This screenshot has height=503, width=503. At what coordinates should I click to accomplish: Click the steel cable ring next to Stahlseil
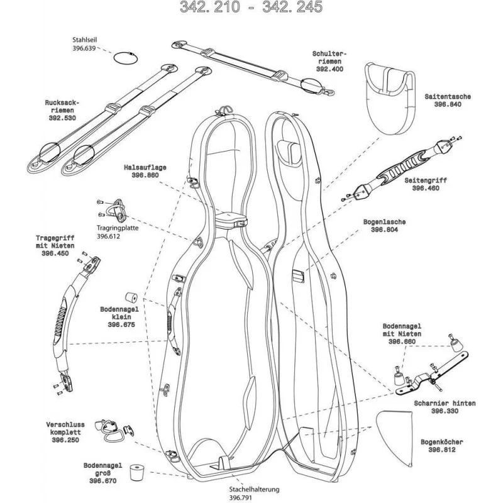[124, 58]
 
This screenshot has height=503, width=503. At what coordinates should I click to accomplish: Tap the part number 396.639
[84, 48]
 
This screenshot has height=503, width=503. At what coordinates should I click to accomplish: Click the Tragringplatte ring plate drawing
[116, 207]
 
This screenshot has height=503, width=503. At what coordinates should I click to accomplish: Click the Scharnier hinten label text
[444, 403]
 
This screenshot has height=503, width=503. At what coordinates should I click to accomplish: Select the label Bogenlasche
[384, 222]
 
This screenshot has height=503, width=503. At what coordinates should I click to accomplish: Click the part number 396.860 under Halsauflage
[141, 177]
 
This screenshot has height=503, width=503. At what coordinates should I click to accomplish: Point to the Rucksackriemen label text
[60, 106]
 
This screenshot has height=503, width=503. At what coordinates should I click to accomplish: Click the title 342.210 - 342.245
[251, 8]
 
